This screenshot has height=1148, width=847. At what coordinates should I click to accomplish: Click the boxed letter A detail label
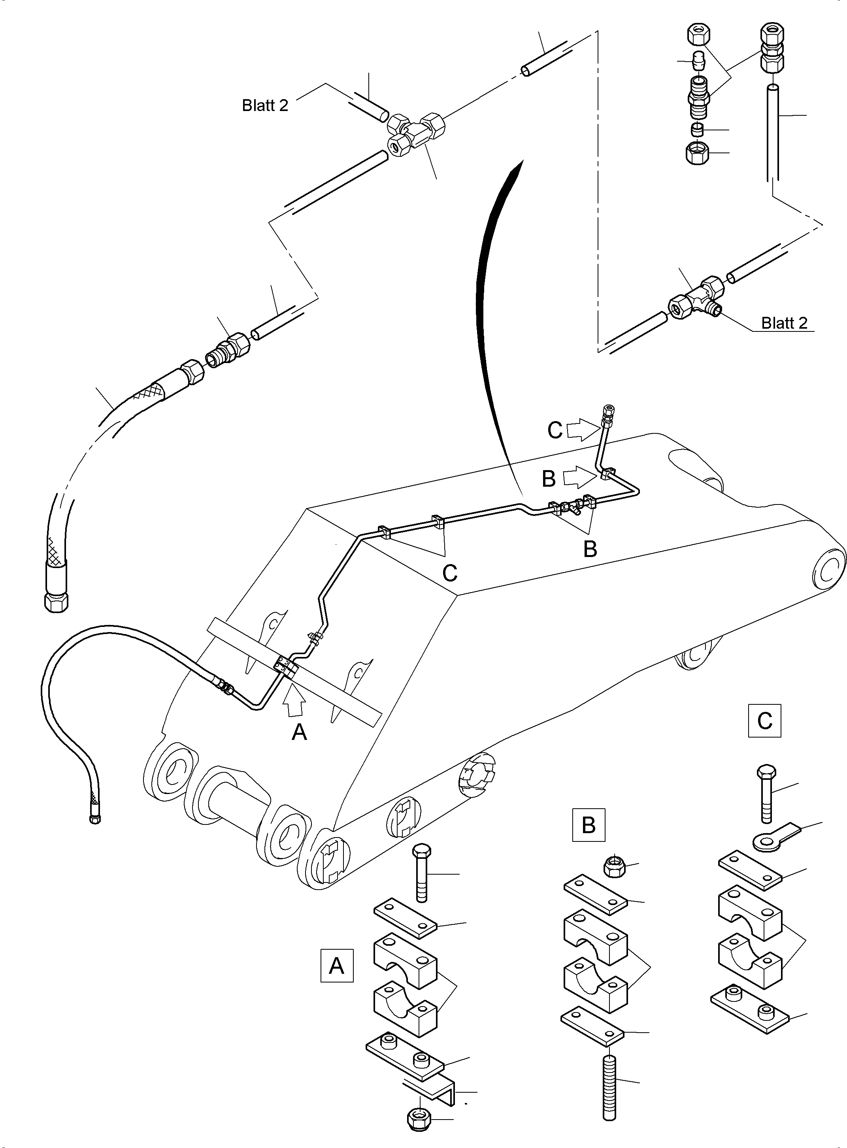337,965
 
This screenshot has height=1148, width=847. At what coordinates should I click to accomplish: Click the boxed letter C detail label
764,721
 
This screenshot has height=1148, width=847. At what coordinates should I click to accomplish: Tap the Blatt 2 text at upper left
265,105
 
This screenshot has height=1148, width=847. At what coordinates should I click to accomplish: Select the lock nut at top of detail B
612,866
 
